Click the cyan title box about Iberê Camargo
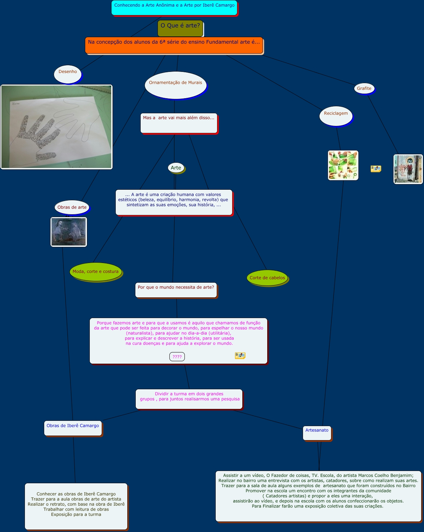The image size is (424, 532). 174,8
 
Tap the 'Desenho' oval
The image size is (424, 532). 68,74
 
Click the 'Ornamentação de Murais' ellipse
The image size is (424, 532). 175,85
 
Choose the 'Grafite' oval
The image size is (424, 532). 364,88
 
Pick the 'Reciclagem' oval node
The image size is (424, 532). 336,116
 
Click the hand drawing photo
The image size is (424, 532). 56,127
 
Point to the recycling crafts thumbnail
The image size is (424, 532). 343,166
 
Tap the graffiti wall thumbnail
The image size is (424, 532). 408,169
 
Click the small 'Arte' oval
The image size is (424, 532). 176,168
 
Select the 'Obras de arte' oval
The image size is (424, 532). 72,207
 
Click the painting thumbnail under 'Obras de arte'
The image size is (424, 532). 69,232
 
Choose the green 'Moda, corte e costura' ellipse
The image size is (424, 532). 96,272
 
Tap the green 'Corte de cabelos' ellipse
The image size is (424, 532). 267,278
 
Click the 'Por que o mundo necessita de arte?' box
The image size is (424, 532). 176,290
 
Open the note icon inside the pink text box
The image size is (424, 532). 240,356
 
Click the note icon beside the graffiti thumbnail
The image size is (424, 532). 376,169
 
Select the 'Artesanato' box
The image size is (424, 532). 317,433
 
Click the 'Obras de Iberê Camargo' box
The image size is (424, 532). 73,428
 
